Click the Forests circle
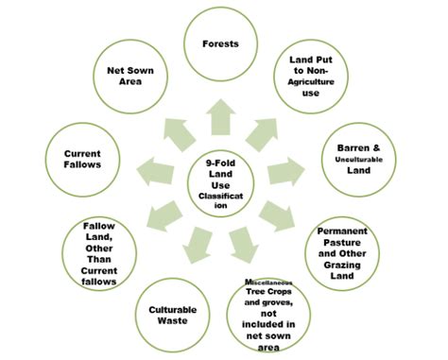[219, 43]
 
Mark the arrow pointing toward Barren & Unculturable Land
[284, 171]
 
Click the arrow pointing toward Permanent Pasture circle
[279, 214]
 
